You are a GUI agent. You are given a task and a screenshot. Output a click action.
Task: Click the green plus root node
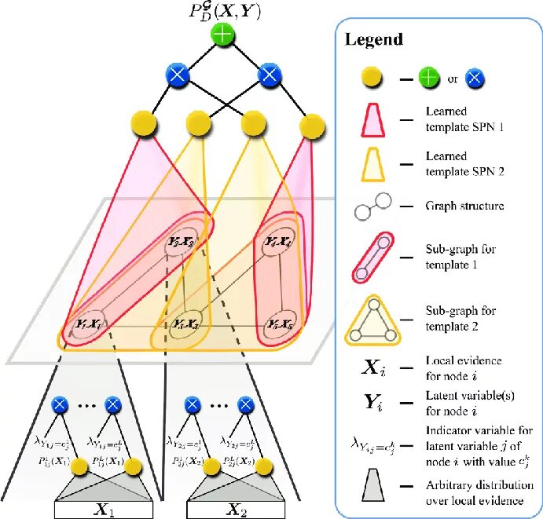coord(224,35)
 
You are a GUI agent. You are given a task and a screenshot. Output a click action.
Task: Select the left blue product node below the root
coord(178,75)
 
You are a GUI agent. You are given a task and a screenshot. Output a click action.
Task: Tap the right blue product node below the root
coord(269,75)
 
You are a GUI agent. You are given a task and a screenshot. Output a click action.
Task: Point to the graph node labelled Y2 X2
coord(181,242)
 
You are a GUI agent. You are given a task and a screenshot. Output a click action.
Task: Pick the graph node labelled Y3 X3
coord(185,323)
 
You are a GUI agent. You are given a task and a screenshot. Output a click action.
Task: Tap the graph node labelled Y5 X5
coord(279,323)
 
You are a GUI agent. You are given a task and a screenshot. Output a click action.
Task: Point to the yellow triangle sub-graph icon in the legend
coord(372,322)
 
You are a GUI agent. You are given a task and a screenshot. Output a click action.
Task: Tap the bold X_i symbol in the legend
coord(371,367)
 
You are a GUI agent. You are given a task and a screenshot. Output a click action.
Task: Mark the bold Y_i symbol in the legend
coord(371,404)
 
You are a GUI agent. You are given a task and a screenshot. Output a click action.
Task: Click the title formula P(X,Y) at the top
coord(224,12)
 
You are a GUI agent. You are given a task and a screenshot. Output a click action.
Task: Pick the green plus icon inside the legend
coord(428,78)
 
